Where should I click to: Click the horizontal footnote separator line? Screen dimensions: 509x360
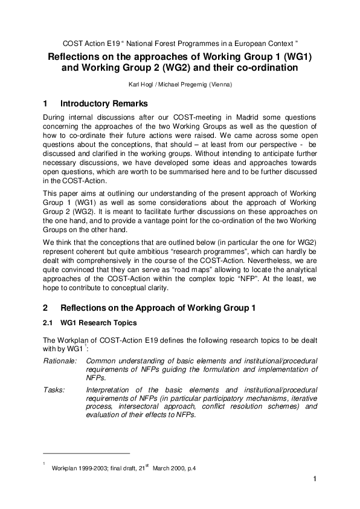86,453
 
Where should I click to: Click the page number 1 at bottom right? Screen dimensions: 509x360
315,479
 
